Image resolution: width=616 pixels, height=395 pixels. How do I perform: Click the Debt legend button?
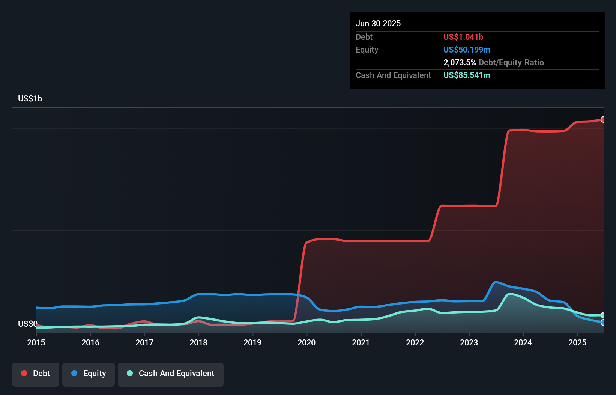click(x=36, y=374)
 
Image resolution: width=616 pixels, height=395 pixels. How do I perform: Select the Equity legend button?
click(x=89, y=374)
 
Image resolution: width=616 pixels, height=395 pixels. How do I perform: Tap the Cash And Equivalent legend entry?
click(x=171, y=374)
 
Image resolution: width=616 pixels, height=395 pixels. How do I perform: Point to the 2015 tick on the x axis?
click(x=36, y=342)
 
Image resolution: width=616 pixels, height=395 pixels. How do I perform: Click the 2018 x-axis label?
click(x=198, y=342)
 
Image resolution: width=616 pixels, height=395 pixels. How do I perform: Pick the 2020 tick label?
click(x=306, y=342)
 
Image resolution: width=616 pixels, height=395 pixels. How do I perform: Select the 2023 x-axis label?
click(x=469, y=342)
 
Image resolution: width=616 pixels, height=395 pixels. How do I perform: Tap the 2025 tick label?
click(x=577, y=342)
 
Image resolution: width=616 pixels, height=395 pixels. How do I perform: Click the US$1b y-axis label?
click(x=30, y=99)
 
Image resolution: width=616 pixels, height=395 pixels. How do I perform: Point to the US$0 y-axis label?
click(x=27, y=324)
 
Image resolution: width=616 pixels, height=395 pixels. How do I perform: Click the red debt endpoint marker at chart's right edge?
click(x=603, y=119)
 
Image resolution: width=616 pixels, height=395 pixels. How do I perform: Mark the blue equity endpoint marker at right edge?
click(x=603, y=322)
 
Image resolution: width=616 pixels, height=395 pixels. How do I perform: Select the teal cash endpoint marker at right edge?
click(x=603, y=315)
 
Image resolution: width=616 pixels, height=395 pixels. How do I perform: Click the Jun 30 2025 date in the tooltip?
click(x=378, y=23)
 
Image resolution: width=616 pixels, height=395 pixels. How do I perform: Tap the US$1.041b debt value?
click(x=463, y=37)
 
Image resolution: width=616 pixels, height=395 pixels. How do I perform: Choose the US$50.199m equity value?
click(x=466, y=50)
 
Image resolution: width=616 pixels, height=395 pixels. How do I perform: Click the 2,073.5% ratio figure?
click(x=460, y=62)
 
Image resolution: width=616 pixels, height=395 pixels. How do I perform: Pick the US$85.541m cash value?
click(x=466, y=75)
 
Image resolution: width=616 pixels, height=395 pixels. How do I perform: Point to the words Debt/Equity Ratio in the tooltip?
click(x=511, y=62)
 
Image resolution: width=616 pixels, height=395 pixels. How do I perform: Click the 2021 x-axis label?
click(x=361, y=342)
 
